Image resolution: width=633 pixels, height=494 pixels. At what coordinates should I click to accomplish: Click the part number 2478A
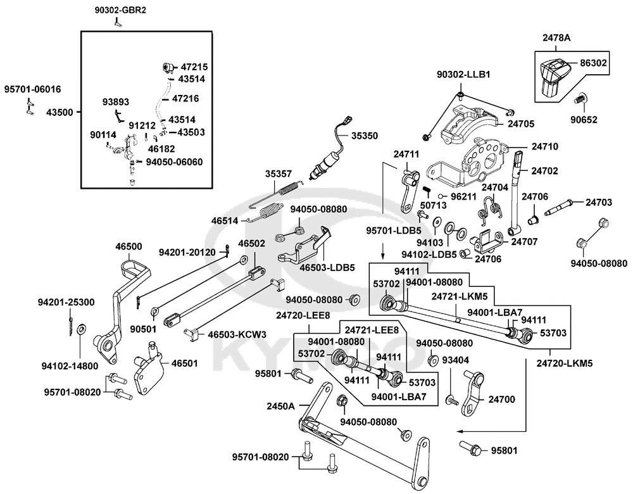tap(556, 38)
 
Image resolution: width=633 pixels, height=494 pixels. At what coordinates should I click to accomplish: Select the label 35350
tap(365, 136)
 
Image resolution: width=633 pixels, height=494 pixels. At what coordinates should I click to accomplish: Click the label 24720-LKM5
tap(565, 363)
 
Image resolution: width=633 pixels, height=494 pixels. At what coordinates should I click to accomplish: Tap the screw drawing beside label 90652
tap(581, 98)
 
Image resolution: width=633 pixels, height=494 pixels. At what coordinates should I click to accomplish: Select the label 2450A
tap(280, 406)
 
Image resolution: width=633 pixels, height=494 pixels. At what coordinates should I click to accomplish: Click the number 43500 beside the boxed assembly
tap(60, 112)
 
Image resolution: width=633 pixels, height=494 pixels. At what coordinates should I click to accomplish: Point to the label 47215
tap(194, 67)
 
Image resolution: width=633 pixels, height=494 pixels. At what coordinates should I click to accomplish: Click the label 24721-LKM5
tap(460, 296)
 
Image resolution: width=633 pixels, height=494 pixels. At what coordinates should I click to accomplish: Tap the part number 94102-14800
tap(70, 366)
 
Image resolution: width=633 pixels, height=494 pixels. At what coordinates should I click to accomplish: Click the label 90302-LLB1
tap(463, 75)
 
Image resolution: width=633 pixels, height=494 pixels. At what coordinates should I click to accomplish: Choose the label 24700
tap(502, 400)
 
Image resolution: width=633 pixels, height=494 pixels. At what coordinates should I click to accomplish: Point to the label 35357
tap(278, 174)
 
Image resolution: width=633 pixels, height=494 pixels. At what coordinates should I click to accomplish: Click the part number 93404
tap(455, 360)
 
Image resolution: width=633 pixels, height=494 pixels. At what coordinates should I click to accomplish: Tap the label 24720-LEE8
tap(303, 315)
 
